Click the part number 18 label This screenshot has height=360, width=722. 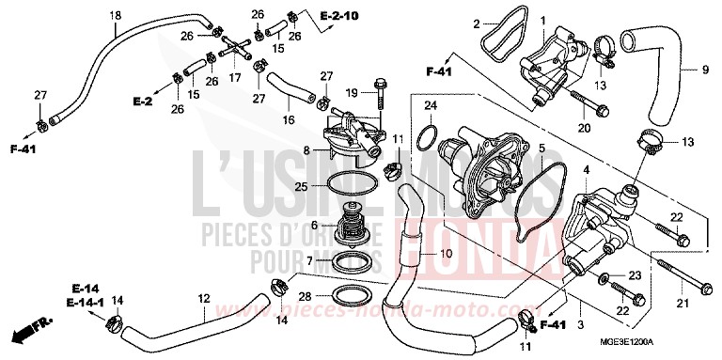click(115, 14)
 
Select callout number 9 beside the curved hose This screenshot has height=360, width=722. click(704, 69)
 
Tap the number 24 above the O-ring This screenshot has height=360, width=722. click(430, 104)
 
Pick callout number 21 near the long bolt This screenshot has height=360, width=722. click(683, 301)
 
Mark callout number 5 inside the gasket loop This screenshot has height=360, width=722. click(541, 149)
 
